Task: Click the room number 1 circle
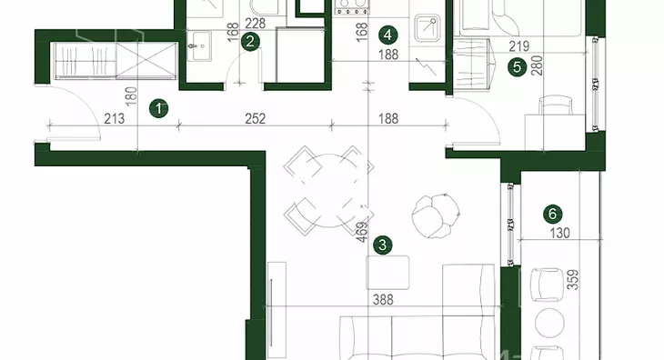click(x=159, y=109)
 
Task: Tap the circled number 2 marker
click(x=250, y=42)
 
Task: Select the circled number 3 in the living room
click(x=383, y=245)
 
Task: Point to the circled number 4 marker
click(x=387, y=35)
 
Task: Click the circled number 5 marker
click(x=517, y=67)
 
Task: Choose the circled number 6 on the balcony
click(x=553, y=214)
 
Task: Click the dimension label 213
click(x=115, y=119)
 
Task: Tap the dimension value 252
click(x=256, y=119)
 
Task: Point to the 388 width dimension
click(x=383, y=300)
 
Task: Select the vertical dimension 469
click(x=362, y=232)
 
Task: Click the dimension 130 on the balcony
click(x=559, y=233)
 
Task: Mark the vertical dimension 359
click(x=573, y=280)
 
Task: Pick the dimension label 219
click(x=519, y=46)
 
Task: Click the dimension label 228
click(x=256, y=24)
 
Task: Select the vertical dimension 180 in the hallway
click(x=132, y=96)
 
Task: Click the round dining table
click(x=328, y=190)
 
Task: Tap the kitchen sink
click(x=428, y=25)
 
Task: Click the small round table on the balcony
click(x=549, y=323)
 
